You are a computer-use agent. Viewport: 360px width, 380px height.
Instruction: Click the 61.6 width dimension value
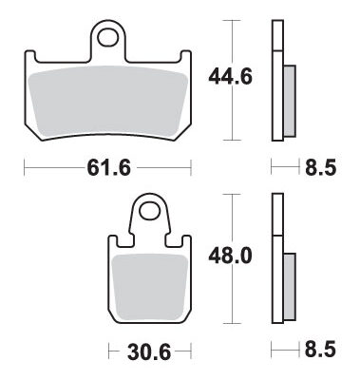(x=107, y=168)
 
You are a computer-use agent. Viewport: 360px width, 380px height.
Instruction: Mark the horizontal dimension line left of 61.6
(x=47, y=168)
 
